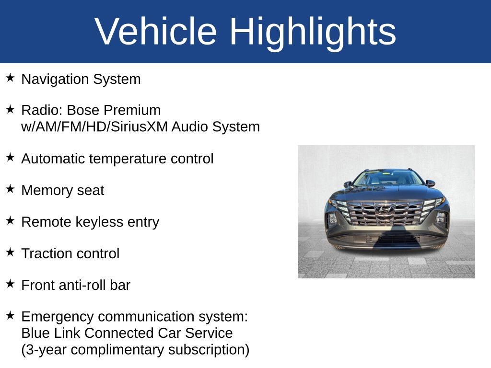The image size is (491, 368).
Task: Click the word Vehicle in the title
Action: coord(156,32)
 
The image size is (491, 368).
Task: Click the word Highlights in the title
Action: coord(313,32)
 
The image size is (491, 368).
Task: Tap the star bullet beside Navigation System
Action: coord(11,78)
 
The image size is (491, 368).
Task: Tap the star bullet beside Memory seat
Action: coord(11,189)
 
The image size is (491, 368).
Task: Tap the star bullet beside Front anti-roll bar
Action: coord(11,284)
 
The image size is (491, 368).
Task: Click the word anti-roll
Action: coord(82,285)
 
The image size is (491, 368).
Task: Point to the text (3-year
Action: coord(40,350)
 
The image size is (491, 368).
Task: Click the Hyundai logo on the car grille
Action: coord(385,209)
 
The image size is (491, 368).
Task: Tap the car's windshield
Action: coord(387,179)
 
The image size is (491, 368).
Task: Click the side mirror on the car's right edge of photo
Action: coord(430,183)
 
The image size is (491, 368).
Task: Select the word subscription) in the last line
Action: coord(209,350)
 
